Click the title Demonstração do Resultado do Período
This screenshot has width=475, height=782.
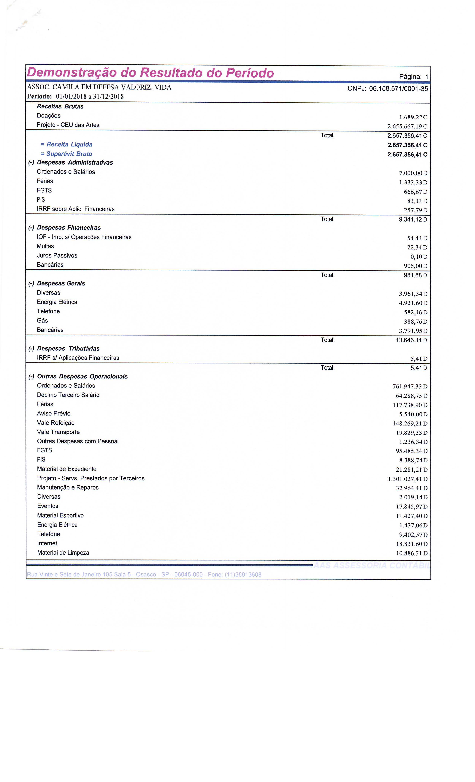pyautogui.click(x=150, y=73)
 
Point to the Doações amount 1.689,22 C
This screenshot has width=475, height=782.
pyautogui.click(x=413, y=117)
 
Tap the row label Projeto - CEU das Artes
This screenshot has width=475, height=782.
pyautogui.click(x=68, y=125)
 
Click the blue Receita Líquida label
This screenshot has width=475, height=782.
pyautogui.click(x=69, y=144)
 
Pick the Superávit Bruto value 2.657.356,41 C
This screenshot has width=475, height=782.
pyautogui.click(x=407, y=155)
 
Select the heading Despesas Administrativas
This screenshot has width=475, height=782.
pyautogui.click(x=75, y=163)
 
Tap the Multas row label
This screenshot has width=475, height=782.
pyautogui.click(x=45, y=246)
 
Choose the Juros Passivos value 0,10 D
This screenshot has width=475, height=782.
pyautogui.click(x=419, y=256)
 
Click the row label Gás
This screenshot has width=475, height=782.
pyautogui.click(x=42, y=321)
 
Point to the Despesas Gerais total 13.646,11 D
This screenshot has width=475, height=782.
pyautogui.click(x=411, y=340)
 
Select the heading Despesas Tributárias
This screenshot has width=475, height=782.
pyautogui.click(x=68, y=349)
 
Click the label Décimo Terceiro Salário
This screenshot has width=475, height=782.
pyautogui.click(x=68, y=395)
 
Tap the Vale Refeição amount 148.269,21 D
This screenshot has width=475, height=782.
pyautogui.click(x=410, y=423)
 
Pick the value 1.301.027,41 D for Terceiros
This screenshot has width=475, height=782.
pyautogui.click(x=407, y=479)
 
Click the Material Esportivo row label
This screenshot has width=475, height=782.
pyautogui.click(x=60, y=515)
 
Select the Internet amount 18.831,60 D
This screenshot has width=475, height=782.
pyautogui.click(x=411, y=544)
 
